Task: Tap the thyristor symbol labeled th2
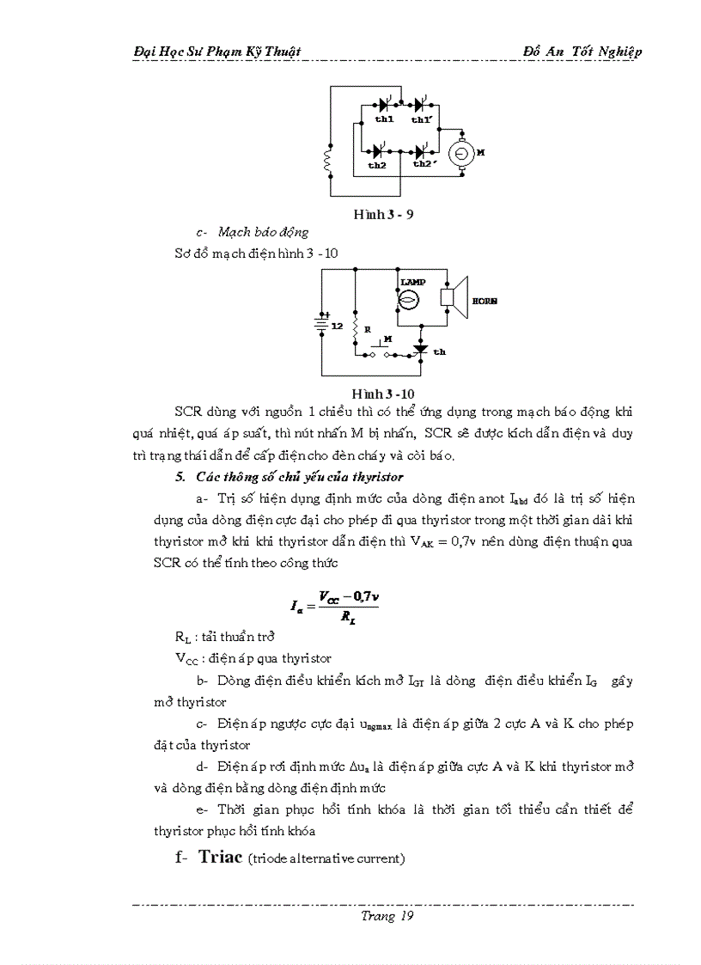[x=378, y=151]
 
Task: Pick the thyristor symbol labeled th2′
[x=422, y=151]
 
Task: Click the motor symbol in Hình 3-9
[x=461, y=152]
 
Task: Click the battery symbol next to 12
[x=322, y=324]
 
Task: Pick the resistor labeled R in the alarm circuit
[x=355, y=330]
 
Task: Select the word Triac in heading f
[x=221, y=856]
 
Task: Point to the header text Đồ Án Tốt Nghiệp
[x=582, y=52]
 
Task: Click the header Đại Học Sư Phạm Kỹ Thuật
[x=217, y=52]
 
